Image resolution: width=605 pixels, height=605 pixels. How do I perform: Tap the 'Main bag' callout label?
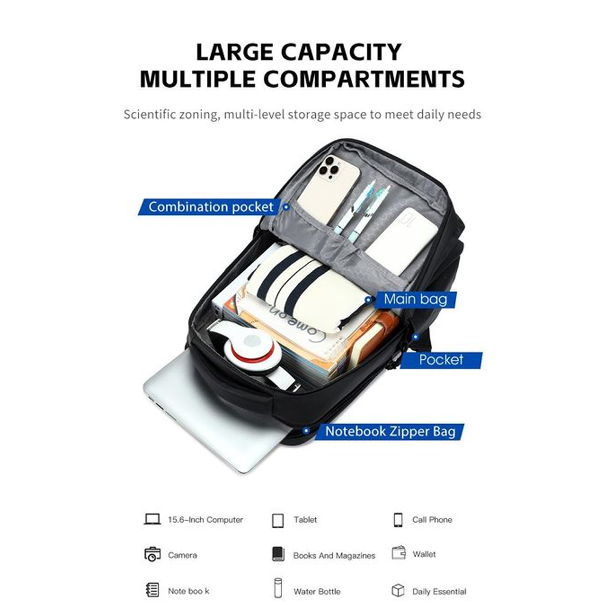coord(416,299)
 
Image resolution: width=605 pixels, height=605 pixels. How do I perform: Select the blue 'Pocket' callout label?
coord(441,360)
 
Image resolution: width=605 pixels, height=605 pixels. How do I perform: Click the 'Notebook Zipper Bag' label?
coord(390,431)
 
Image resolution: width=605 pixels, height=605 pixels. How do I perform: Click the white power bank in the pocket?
coord(401,240)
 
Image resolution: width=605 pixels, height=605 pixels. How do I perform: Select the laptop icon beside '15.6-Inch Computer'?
coord(152,519)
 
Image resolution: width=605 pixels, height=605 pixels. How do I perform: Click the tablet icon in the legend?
coord(278,520)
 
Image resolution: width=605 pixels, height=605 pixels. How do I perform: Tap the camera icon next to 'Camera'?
coord(152,554)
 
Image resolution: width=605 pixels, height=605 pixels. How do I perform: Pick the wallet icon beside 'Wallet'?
coord(399,553)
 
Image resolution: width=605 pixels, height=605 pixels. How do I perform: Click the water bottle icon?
coord(278,587)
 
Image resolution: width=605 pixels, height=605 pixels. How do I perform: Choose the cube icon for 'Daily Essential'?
coord(398,590)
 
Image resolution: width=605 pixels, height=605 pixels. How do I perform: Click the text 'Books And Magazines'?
coord(334,555)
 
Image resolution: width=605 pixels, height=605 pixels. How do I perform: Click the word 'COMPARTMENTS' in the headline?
coord(364,79)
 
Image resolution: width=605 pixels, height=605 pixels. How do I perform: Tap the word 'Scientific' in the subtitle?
coord(152,114)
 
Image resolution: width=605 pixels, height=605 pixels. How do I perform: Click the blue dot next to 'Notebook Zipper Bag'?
coord(306,431)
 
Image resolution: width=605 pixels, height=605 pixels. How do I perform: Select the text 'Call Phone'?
coord(432,520)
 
